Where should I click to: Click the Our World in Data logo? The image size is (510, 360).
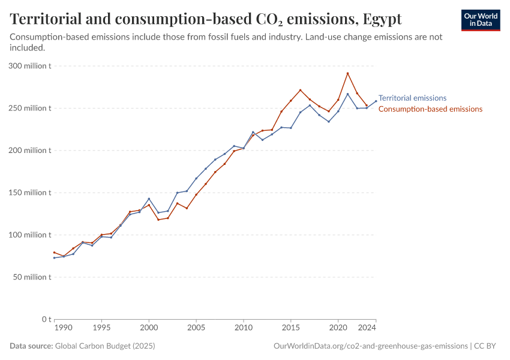(481, 20)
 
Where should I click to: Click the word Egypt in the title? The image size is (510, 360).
(382, 19)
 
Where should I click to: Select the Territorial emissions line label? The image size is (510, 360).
(412, 98)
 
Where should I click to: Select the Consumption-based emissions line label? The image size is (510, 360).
(430, 109)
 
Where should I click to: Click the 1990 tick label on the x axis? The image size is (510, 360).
(63, 329)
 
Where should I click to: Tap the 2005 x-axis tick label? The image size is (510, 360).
(196, 329)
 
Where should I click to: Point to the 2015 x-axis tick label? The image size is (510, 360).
(290, 329)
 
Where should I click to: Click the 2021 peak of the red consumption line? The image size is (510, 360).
(347, 74)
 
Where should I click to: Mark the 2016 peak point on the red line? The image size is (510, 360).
(300, 90)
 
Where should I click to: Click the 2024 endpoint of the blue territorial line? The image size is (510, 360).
(376, 101)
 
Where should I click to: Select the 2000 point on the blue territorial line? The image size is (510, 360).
(149, 199)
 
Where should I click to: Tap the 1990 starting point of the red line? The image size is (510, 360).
(54, 253)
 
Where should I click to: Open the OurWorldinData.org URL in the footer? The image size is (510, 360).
(370, 346)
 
